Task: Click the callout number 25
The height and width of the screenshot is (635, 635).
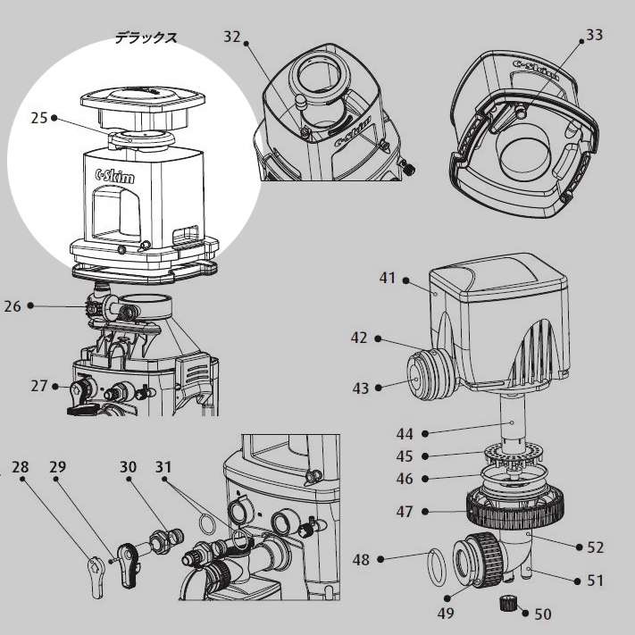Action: pos(38,117)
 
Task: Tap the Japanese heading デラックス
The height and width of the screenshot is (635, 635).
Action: pos(146,38)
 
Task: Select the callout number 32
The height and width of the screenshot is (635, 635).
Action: pos(232,37)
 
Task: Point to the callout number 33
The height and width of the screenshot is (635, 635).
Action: pos(594,36)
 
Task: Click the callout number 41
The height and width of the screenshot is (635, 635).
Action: pos(387,278)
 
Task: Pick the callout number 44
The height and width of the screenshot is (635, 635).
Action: pos(405,434)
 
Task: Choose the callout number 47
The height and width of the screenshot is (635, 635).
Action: pos(405,513)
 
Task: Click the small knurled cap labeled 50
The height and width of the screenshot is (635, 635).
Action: pos(509,604)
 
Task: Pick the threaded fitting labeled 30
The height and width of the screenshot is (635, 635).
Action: pos(163,539)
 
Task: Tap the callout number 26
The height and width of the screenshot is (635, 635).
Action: pos(13,305)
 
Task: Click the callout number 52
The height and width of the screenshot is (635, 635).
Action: pos(595,547)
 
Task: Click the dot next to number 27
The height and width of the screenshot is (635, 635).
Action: pos(55,387)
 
